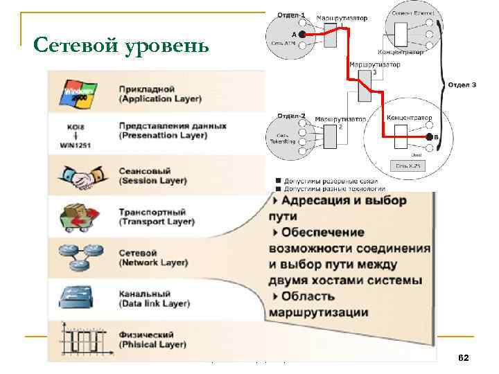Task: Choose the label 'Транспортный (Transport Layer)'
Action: click(157, 217)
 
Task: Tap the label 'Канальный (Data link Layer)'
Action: click(154, 299)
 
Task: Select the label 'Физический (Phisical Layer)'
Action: click(152, 339)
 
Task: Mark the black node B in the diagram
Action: click(429, 139)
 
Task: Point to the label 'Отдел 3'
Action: click(462, 84)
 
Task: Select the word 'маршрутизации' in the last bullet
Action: click(318, 312)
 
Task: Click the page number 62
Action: click(464, 357)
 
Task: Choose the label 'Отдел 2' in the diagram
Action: click(291, 115)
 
